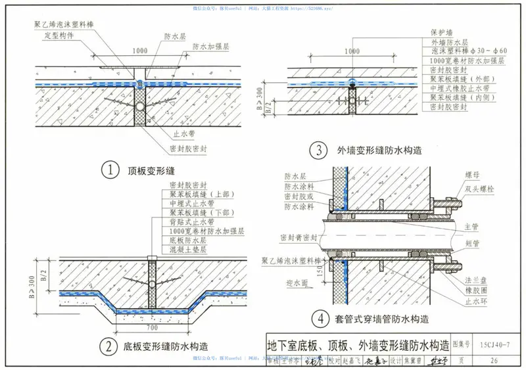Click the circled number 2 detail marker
coord(108,344)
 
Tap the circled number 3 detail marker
coord(320,150)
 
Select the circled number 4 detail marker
coord(320,321)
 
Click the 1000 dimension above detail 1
coord(139,51)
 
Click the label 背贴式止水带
coord(192,222)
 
